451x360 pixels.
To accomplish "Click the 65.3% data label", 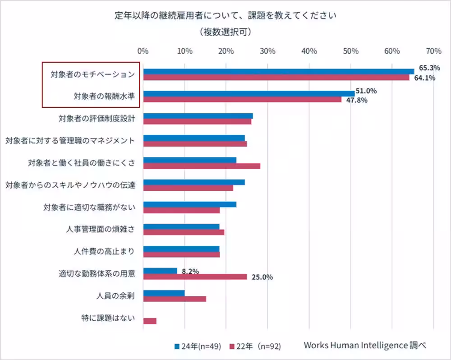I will click(x=429, y=68).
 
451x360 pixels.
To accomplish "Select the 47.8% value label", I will click(x=356, y=100).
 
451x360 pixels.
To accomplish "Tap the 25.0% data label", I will click(x=262, y=277).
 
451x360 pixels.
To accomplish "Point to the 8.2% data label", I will click(x=190, y=271).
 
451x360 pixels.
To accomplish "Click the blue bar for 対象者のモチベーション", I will click(x=278, y=71).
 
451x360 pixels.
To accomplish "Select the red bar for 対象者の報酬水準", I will click(x=242, y=99).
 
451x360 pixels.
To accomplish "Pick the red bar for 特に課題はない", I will click(x=150, y=321).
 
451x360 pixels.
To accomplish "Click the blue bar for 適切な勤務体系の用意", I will click(x=160, y=271).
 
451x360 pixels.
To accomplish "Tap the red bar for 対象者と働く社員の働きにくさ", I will click(x=202, y=166).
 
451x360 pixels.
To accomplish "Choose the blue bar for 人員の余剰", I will click(x=164, y=293).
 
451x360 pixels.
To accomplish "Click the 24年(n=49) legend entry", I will click(x=198, y=346).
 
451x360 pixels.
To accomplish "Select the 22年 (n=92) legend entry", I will click(x=256, y=346).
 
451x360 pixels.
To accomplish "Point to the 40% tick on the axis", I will click(x=309, y=51).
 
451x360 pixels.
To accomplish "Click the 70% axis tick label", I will click(x=433, y=51).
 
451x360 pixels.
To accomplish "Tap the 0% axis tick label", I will click(x=143, y=51).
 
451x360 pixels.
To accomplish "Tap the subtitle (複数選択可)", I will click(x=225, y=32).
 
